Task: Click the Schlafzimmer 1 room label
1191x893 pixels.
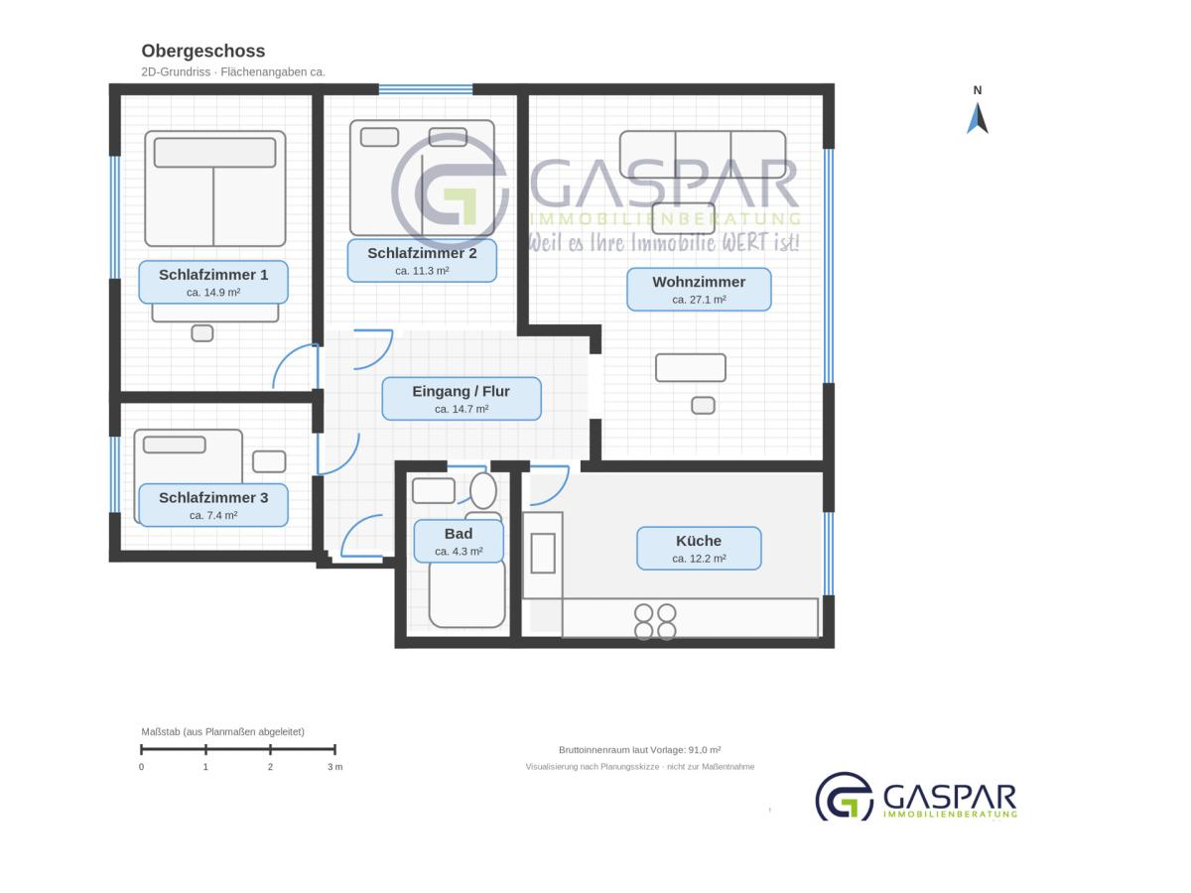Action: pyautogui.click(x=213, y=282)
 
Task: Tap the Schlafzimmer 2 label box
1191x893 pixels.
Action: pyautogui.click(x=422, y=260)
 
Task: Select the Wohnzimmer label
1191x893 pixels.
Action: pyautogui.click(x=699, y=289)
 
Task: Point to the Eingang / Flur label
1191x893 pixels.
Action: pyautogui.click(x=462, y=399)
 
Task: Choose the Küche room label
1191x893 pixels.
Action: pyautogui.click(x=699, y=548)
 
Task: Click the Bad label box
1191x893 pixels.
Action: pyautogui.click(x=459, y=541)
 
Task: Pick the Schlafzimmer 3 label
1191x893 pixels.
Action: pyautogui.click(x=213, y=505)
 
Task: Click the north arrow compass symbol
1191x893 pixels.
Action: pyautogui.click(x=978, y=118)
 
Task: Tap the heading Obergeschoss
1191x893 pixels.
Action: pyautogui.click(x=202, y=51)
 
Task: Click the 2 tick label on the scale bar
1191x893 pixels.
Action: pyautogui.click(x=270, y=767)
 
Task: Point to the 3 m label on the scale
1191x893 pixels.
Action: pyautogui.click(x=334, y=767)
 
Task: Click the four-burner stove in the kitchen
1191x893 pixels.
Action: pyautogui.click(x=655, y=622)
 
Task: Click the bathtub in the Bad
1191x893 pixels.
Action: pyautogui.click(x=466, y=593)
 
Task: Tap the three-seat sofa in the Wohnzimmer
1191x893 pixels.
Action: pyautogui.click(x=703, y=155)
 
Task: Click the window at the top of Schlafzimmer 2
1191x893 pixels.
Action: pyautogui.click(x=426, y=89)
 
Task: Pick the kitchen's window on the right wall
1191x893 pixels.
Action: pyautogui.click(x=829, y=554)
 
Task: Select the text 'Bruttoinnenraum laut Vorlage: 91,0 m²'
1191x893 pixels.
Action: pyautogui.click(x=640, y=750)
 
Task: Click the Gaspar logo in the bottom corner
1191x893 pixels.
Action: pyautogui.click(x=916, y=797)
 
